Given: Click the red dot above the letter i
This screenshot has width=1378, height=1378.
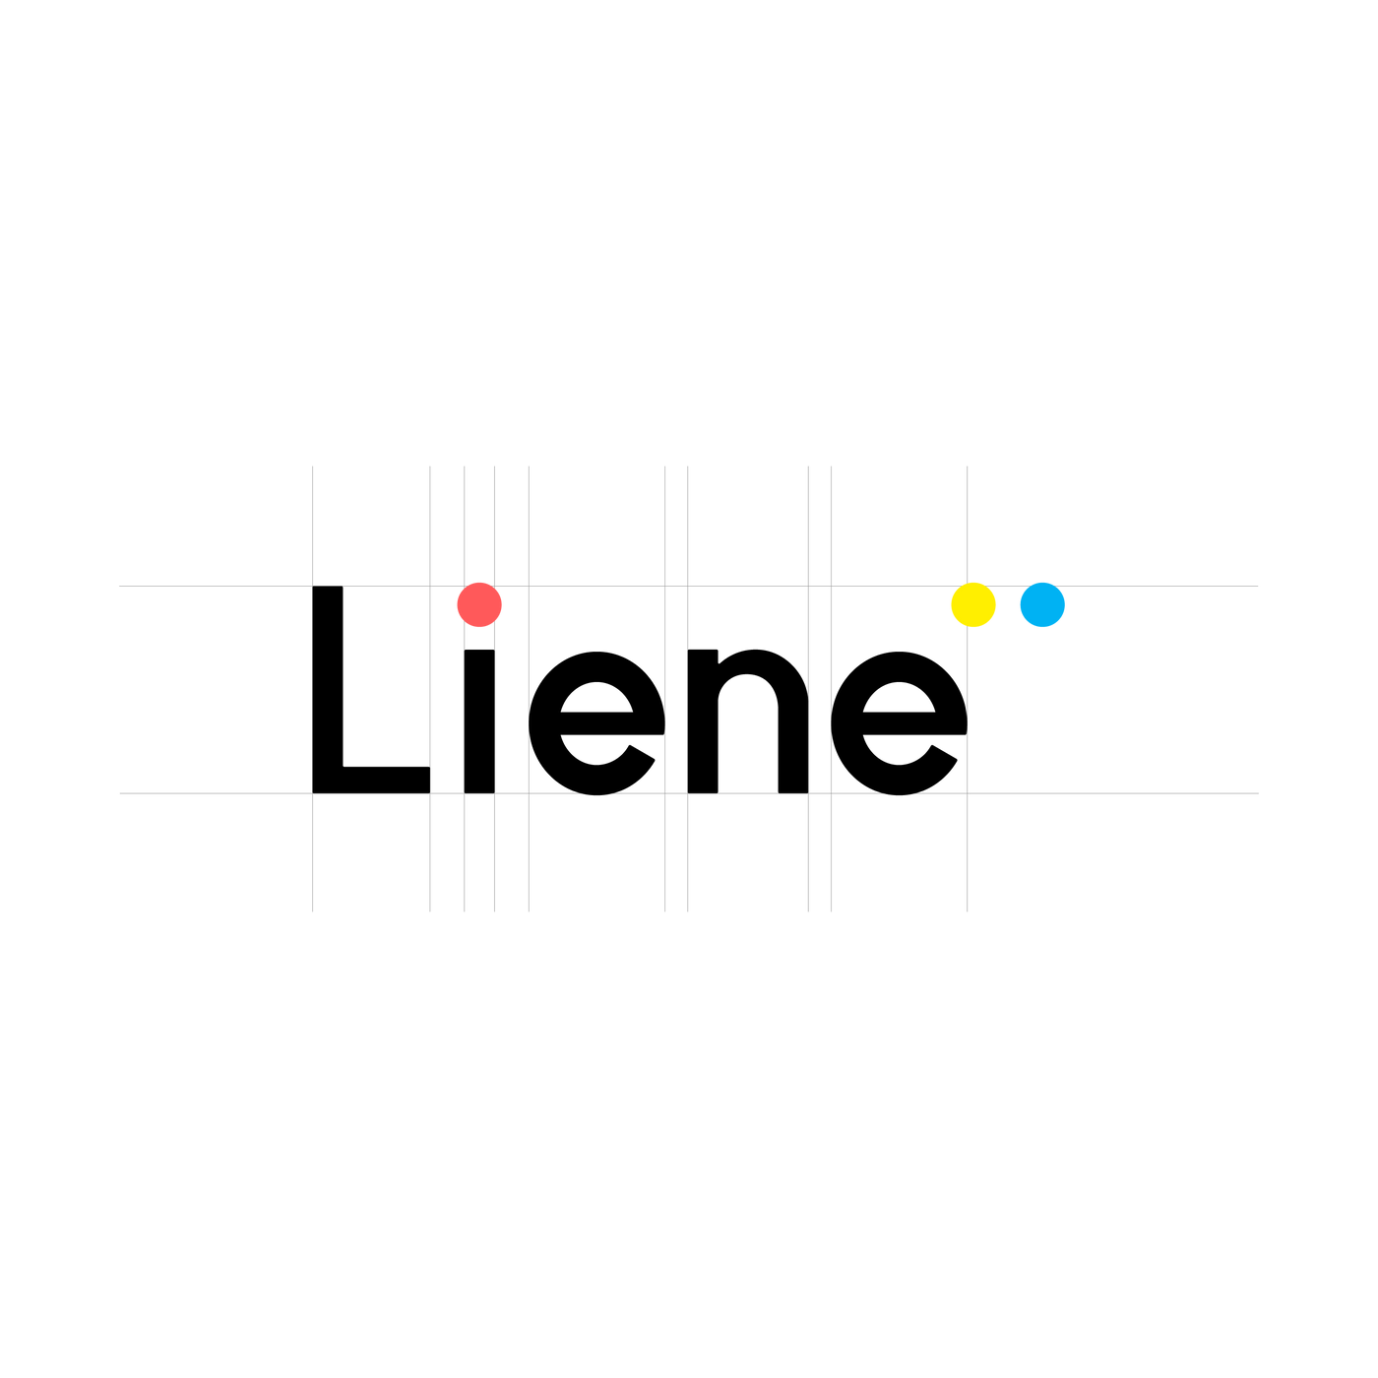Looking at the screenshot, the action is click(479, 605).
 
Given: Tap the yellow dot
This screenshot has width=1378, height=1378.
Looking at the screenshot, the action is click(972, 605).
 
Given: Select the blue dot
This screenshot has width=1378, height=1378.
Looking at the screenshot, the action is click(1042, 605).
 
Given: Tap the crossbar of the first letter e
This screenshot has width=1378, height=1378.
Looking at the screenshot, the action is click(612, 723).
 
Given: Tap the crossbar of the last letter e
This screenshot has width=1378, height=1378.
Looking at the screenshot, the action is click(914, 723).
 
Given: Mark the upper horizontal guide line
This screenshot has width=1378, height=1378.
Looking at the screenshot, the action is click(689, 587).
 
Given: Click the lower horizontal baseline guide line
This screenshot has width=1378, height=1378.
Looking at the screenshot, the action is click(689, 793).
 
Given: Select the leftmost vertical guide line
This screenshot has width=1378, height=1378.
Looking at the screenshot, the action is click(312, 689).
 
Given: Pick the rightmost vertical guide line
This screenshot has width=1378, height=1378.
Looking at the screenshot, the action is click(967, 689).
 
